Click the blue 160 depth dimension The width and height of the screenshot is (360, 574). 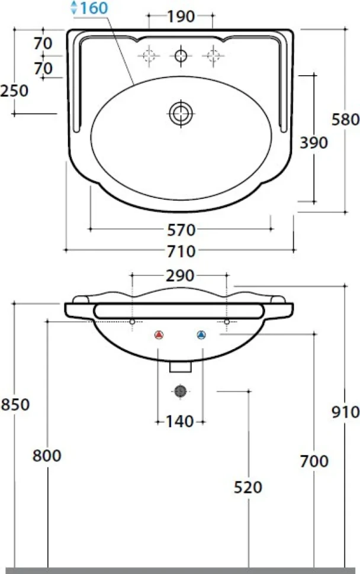[x=94, y=8]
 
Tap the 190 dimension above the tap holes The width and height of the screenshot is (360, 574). [x=181, y=17]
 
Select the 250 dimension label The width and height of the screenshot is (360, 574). [x=14, y=91]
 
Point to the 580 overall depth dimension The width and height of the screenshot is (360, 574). [x=345, y=120]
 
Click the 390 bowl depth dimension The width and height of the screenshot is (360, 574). [x=314, y=143]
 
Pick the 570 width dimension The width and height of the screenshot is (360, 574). [x=181, y=230]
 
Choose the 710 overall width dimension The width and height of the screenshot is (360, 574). [x=181, y=251]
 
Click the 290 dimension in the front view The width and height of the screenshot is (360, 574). [x=180, y=276]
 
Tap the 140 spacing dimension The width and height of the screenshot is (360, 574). [x=180, y=422]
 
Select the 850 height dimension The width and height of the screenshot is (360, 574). [x=15, y=405]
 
